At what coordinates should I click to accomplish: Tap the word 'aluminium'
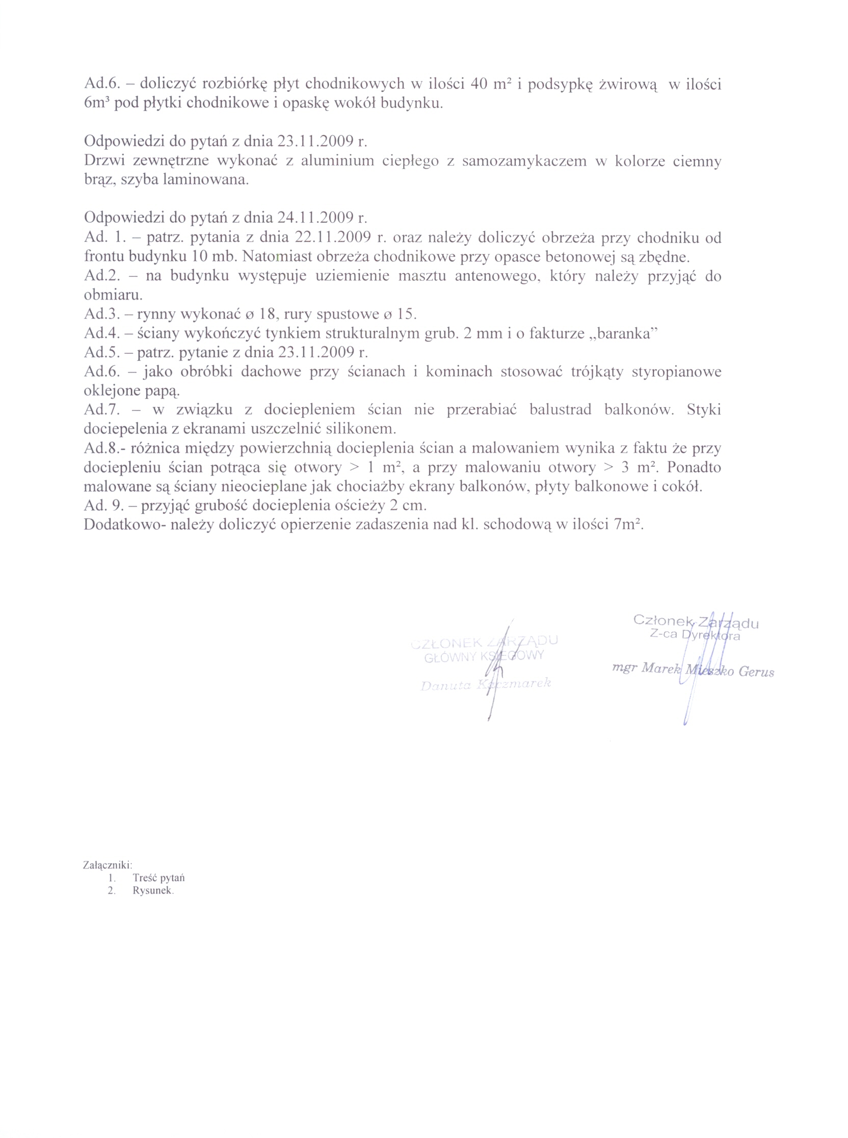pyautogui.click(x=337, y=161)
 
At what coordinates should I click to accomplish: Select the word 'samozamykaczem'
pyautogui.click(x=523, y=161)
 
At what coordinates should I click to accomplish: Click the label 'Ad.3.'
pyautogui.click(x=102, y=314)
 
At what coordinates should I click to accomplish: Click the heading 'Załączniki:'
pyautogui.click(x=108, y=865)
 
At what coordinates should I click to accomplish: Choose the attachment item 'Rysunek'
pyautogui.click(x=152, y=891)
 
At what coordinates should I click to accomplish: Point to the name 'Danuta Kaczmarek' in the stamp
pyautogui.click(x=485, y=685)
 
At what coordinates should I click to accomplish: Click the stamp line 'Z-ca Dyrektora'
pyautogui.click(x=695, y=635)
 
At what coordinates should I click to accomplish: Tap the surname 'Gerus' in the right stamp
pyautogui.click(x=756, y=672)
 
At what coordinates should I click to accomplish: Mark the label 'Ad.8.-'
pyautogui.click(x=104, y=448)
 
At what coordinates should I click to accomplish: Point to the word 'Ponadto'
pyautogui.click(x=694, y=467)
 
